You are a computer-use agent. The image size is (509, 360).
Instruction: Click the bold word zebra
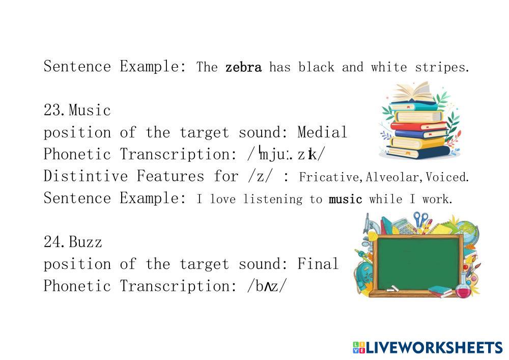pyautogui.click(x=243, y=67)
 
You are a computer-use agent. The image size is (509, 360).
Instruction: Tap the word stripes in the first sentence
pyautogui.click(x=442, y=68)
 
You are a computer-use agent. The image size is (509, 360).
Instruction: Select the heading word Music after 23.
pyautogui.click(x=90, y=110)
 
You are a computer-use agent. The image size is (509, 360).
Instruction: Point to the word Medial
pyautogui.click(x=322, y=132)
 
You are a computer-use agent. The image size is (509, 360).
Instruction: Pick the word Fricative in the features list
pyautogui.click(x=329, y=177)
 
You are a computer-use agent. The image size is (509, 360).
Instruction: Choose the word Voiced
pyautogui.click(x=447, y=177)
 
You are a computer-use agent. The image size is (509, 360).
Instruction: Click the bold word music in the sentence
pyautogui.click(x=346, y=199)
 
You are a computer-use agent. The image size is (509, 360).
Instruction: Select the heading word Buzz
pyautogui.click(x=86, y=242)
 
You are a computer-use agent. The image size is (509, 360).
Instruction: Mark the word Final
pyautogui.click(x=318, y=264)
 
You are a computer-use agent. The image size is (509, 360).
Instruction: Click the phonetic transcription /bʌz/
pyautogui.click(x=267, y=286)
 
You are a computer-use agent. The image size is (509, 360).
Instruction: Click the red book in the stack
pyautogui.click(x=419, y=126)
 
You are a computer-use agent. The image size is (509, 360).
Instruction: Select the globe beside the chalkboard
pyautogui.click(x=469, y=233)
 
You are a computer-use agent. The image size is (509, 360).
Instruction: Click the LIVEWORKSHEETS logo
pyautogui.click(x=428, y=348)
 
